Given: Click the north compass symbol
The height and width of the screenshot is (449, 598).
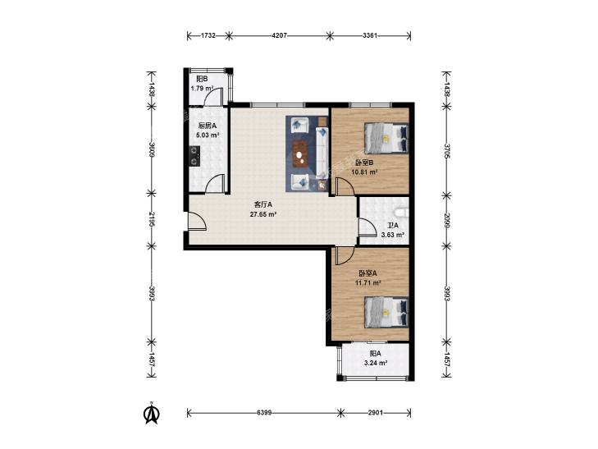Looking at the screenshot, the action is (152, 413).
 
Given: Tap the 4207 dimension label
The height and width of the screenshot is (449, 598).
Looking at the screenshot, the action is (279, 36).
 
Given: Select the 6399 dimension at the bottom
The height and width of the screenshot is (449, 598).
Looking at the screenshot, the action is (264, 413).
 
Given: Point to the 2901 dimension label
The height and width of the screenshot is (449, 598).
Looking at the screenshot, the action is (376, 413).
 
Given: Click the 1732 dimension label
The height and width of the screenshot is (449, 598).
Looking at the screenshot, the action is (208, 36).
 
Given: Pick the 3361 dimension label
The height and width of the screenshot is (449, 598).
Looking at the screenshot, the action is (370, 36).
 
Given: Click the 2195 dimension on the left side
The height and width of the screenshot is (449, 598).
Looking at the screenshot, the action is (152, 220).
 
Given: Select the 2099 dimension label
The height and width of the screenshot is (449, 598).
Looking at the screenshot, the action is (446, 220).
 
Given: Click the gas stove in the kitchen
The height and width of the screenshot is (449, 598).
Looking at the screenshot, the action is (195, 156).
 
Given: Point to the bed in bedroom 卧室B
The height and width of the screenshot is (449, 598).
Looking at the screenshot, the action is (386, 138).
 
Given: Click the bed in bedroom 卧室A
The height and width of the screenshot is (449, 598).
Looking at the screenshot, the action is (386, 312).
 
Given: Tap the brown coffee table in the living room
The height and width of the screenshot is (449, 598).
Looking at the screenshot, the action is (301, 154).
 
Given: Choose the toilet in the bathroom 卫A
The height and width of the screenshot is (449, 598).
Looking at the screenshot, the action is (402, 211).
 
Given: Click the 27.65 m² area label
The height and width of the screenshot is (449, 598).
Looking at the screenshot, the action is (263, 214).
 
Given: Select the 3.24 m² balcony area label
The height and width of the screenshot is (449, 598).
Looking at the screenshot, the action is (376, 363).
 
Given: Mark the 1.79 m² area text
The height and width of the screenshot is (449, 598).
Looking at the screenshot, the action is (202, 89).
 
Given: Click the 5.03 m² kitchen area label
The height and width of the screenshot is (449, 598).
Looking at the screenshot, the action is (207, 135).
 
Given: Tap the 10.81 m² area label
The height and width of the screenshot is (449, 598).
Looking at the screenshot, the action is (364, 172).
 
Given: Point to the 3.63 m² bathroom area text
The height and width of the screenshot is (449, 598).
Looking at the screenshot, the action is (393, 235).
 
